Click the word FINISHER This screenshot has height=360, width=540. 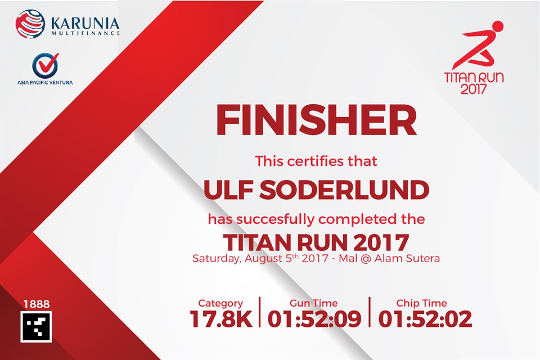(316, 120)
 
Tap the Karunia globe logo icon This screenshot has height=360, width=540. (30, 24)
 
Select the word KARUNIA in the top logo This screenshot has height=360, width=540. (85, 24)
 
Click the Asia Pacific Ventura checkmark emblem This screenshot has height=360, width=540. (46, 65)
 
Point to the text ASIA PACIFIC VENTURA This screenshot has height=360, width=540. (45, 83)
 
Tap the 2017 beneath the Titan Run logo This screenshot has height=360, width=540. (474, 89)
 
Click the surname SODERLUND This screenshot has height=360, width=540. (344, 190)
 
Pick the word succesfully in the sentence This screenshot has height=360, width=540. (275, 219)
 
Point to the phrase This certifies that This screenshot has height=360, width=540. (316, 161)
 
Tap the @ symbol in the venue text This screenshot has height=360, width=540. (366, 258)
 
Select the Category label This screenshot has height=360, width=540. (220, 303)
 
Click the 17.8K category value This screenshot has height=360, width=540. (221, 319)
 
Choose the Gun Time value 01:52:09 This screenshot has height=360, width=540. (314, 319)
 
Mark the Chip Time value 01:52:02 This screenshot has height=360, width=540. (425, 319)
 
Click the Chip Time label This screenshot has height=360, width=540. (421, 303)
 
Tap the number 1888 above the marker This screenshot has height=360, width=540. (37, 304)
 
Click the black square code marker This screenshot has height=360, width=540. (36, 327)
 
